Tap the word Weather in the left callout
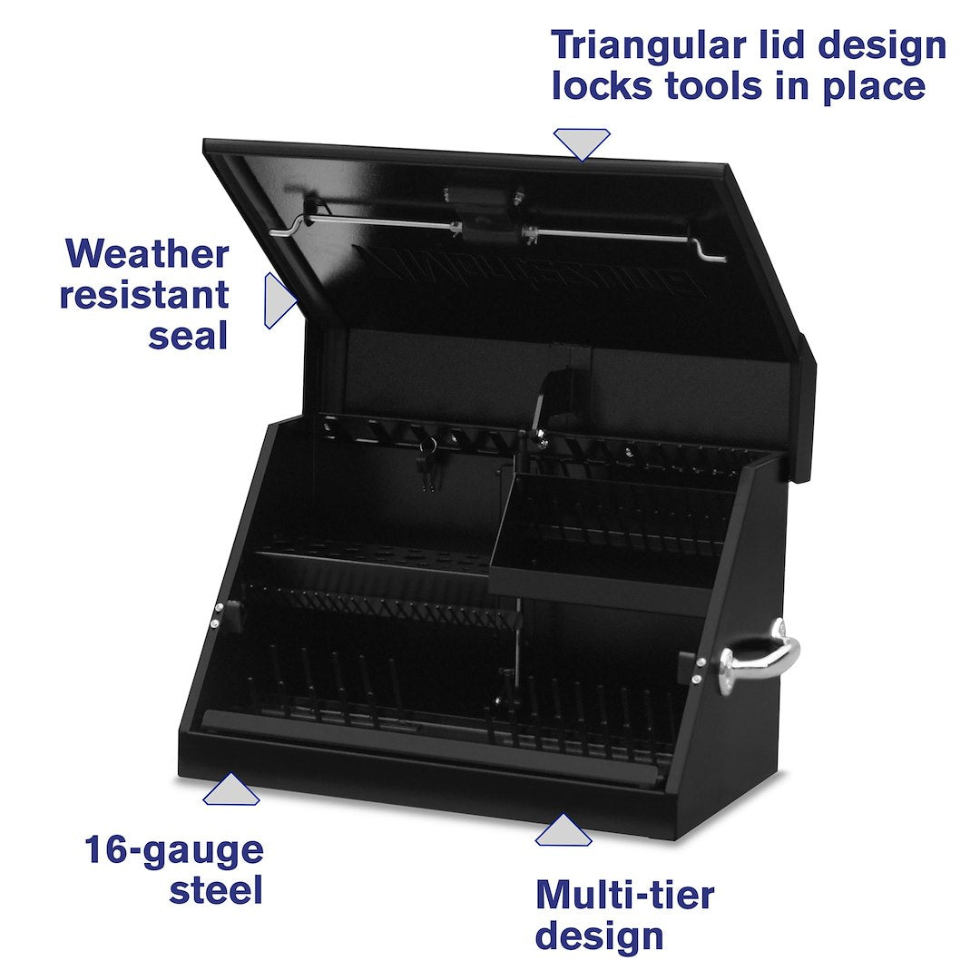147,253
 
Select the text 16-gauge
173,850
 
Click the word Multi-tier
624,895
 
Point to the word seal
187,336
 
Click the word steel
215,890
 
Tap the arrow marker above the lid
582,143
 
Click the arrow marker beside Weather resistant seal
277,300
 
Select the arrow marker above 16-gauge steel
231,790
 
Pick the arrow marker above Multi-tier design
563,830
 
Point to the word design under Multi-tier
599,936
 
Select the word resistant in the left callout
144,295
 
